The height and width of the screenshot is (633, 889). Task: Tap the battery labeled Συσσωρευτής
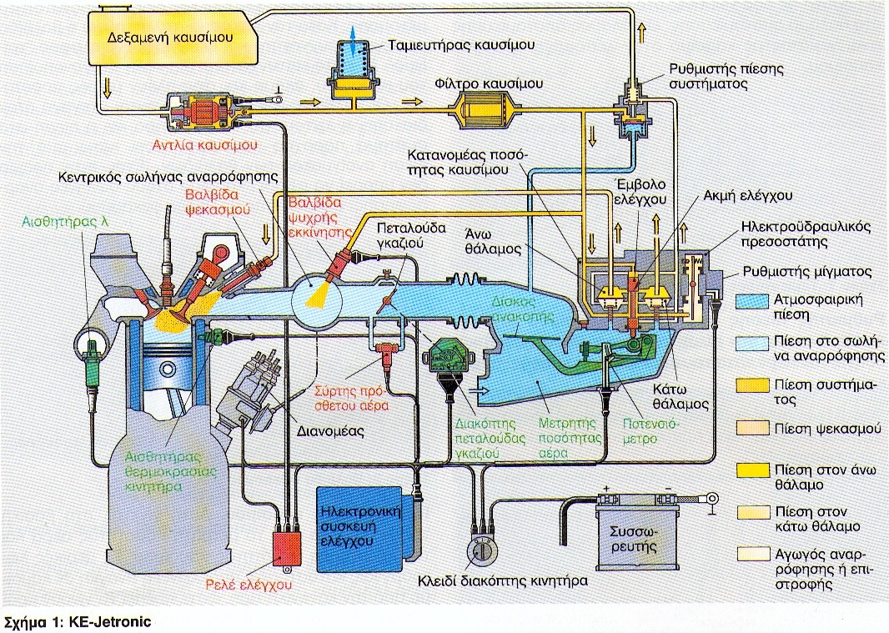(634, 535)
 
